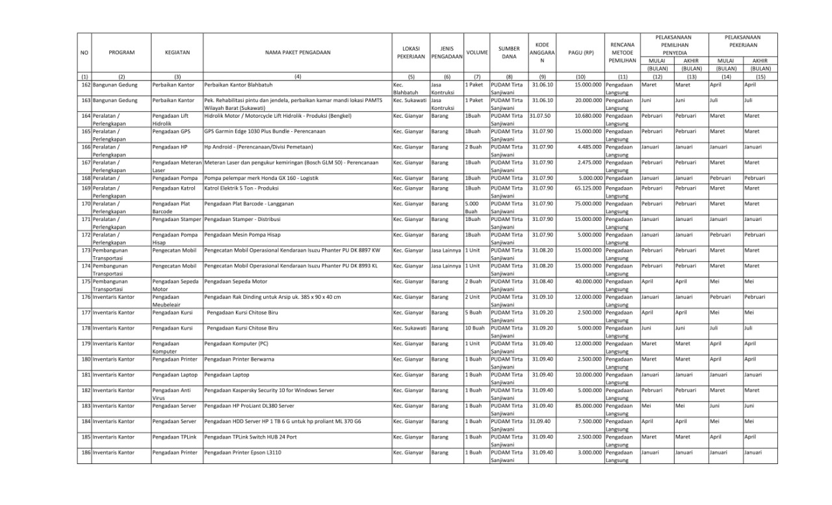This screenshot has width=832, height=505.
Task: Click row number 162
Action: (x=85, y=84)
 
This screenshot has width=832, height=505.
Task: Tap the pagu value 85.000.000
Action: (x=588, y=406)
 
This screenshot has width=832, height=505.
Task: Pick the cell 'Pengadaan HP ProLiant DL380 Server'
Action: (x=249, y=406)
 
